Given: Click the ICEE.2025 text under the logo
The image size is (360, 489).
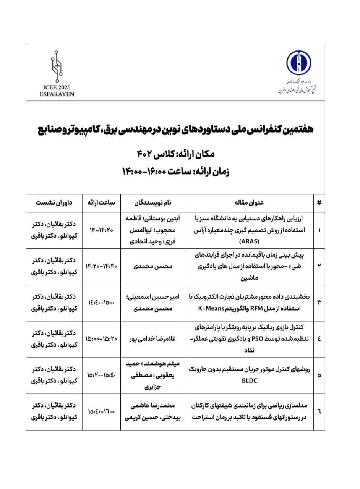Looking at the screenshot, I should tap(57, 87).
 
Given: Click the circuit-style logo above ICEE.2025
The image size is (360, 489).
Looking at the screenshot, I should tap(57, 66).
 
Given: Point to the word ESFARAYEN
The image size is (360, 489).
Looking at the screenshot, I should tap(57, 94).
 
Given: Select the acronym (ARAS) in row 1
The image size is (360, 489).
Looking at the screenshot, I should tap(249, 241).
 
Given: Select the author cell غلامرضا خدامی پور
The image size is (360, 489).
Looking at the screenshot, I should tap(152, 339).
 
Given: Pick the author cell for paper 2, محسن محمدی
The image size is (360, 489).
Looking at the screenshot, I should tap(152, 267).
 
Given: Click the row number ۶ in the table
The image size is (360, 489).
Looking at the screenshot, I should tap(319, 411).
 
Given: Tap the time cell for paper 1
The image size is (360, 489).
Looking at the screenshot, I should tap(101, 230).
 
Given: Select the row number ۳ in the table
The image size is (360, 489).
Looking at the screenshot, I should tap(319, 303).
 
